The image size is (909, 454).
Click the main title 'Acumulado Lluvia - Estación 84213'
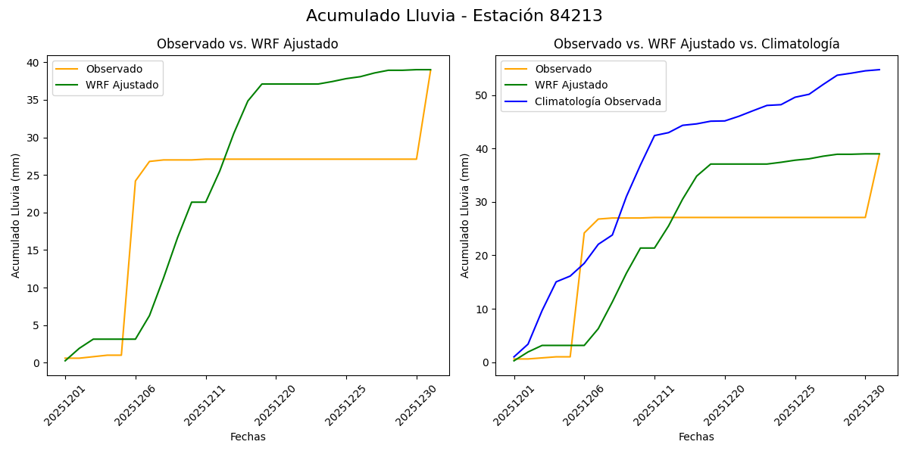click(454, 16)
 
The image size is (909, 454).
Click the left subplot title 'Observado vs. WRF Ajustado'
click(247, 44)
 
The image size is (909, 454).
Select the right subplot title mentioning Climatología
click(696, 44)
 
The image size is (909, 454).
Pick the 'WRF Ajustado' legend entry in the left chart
click(122, 85)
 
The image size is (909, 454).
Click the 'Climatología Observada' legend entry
click(598, 101)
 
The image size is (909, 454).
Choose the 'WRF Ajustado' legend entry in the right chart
click(571, 85)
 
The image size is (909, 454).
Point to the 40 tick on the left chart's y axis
click(34, 62)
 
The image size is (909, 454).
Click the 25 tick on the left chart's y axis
click(34, 175)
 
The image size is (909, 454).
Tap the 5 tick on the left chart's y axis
click(37, 325)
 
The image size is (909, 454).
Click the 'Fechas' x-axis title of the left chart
click(248, 437)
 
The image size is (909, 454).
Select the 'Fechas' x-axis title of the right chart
click(696, 437)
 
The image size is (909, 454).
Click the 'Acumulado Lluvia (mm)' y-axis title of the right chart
click(465, 215)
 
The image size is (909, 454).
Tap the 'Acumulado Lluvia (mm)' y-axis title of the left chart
click(16, 215)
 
